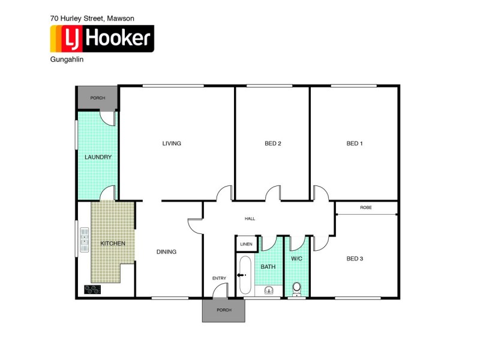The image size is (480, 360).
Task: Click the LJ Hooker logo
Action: click(x=101, y=38)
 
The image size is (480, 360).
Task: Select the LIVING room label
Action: click(x=172, y=143)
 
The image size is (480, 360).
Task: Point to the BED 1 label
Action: click(x=355, y=143)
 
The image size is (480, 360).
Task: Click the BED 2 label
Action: click(x=273, y=143)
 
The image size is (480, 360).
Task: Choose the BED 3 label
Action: click(x=355, y=259)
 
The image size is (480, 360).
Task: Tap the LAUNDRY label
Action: click(x=98, y=157)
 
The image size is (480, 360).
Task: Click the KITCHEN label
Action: click(x=113, y=243)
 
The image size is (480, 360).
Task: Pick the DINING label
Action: click(x=166, y=252)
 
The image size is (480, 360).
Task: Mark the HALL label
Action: click(x=250, y=218)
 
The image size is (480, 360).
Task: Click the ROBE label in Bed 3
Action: click(x=365, y=208)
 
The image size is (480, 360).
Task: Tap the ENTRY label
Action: click(x=219, y=278)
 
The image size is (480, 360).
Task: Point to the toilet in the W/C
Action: click(x=296, y=290)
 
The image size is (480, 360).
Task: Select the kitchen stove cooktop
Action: click(x=93, y=289)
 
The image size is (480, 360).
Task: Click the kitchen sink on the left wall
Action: click(x=84, y=240)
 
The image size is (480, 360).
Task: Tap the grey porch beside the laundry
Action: click(x=97, y=98)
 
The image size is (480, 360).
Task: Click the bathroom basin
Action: click(x=269, y=290)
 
